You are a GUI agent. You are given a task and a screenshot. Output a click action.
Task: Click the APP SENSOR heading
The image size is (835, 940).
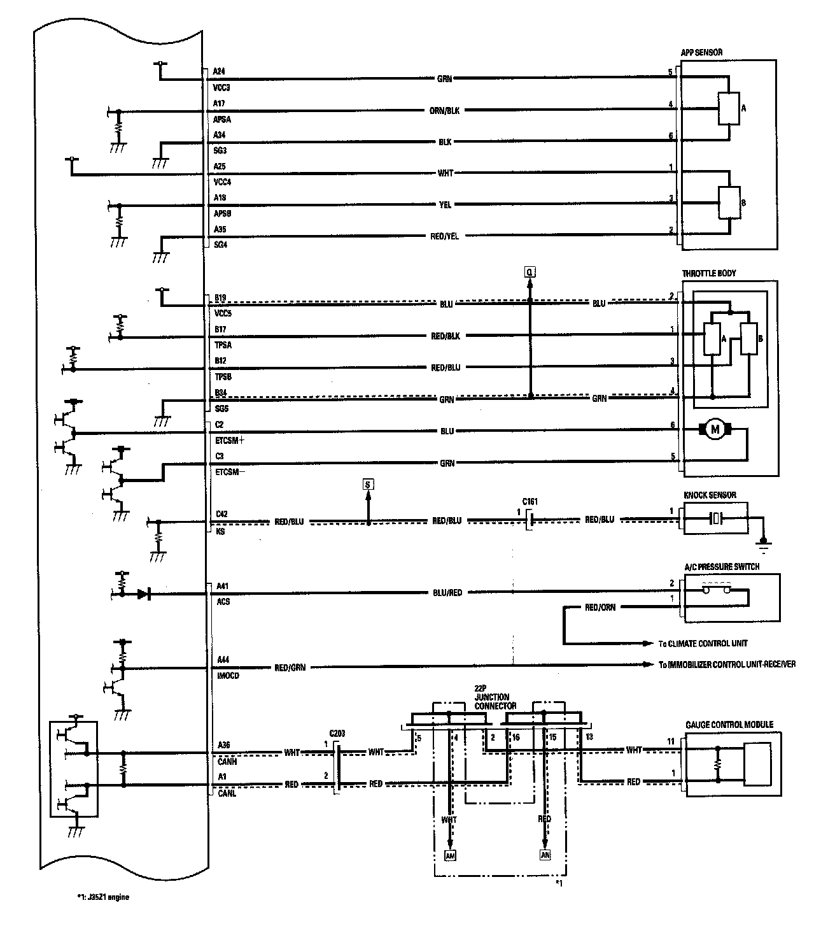pos(701,53)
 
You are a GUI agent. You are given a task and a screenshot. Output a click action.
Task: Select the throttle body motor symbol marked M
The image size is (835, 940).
pos(715,430)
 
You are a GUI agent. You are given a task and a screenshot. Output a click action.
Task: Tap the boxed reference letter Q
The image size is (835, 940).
pos(530,273)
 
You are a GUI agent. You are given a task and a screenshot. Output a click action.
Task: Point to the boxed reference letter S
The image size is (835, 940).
pos(368,485)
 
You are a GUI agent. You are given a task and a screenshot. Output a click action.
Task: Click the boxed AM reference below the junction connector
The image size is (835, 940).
pos(450,855)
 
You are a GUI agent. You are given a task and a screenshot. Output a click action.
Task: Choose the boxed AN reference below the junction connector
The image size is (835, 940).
pos(545,855)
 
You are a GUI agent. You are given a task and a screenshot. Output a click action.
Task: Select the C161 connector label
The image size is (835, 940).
pos(528,502)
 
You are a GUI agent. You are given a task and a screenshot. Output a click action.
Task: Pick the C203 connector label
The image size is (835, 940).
pos(337,733)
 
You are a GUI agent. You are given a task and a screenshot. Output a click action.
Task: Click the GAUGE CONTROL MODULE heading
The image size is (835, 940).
pos(729,725)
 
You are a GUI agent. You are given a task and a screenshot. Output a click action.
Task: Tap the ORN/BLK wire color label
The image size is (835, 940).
pos(445,110)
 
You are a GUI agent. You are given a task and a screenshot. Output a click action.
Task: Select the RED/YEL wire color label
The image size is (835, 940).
pos(445,236)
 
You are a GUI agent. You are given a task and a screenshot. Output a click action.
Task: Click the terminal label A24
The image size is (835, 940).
pos(219,71)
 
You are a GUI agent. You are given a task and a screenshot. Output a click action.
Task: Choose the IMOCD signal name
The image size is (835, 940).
pos(227,676)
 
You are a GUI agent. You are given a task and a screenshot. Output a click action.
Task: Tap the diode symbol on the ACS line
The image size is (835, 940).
pos(143,594)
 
